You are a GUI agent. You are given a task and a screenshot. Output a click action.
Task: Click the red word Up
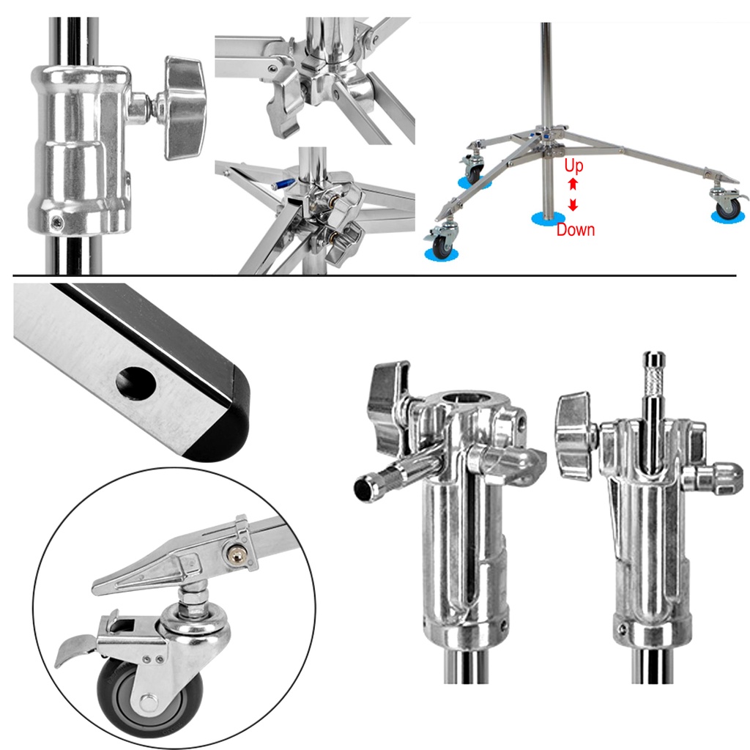coord(573,166)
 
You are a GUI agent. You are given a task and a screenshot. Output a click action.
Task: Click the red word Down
coord(576,229)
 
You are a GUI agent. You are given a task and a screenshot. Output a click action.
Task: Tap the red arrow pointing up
coord(573,184)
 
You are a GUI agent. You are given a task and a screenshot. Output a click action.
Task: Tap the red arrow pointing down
coord(573,205)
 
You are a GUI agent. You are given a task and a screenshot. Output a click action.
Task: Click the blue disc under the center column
coord(548,218)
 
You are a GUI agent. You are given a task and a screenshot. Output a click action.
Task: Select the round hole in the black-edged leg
coord(135,383)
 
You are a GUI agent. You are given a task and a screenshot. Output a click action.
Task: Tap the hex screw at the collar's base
coord(57,221)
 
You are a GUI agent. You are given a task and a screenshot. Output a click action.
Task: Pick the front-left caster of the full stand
coord(443,240)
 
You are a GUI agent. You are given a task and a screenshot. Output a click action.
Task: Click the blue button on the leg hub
coord(282,184)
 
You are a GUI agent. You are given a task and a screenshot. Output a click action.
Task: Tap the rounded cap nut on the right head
coord(727,479)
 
